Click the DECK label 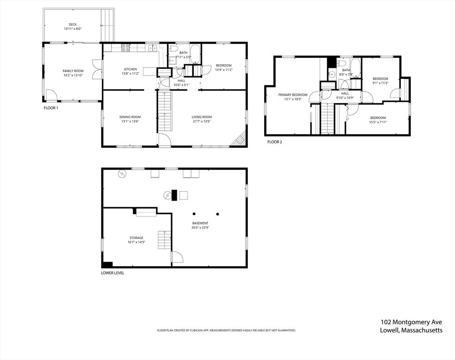pos(73,24)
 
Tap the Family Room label pos(73,71)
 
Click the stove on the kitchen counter pos(125,47)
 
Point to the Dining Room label pos(129,117)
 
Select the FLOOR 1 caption pos(51,108)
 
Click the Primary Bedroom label pos(293,95)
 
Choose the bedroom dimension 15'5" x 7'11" pos(378,122)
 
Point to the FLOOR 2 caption pos(275,142)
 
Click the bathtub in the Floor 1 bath pos(195,54)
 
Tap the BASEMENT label pos(200,223)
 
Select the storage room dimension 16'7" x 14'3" pos(136,242)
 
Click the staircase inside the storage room pos(164,240)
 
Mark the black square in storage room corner pos(107,264)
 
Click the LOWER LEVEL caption pos(113,273)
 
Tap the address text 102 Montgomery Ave pos(411,322)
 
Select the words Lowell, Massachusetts pos(411,330)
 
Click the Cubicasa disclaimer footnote pos(226,330)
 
